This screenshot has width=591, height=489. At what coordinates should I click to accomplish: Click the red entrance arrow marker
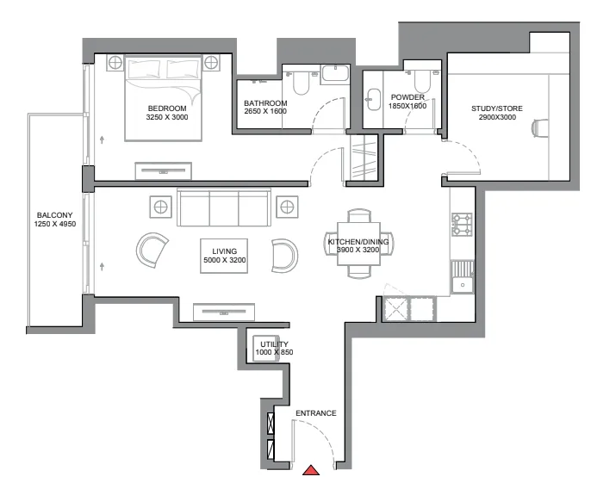(x=311, y=470)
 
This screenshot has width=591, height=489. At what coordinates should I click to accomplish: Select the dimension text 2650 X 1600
(x=265, y=113)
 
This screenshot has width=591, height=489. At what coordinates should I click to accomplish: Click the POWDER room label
(x=407, y=97)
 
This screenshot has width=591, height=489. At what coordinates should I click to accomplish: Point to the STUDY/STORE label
(x=496, y=108)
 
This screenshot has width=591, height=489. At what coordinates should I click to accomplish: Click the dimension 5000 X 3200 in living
(x=223, y=260)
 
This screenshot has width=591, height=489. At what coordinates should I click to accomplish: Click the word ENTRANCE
(x=315, y=413)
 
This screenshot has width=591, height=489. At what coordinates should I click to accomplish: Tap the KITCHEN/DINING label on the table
(x=358, y=242)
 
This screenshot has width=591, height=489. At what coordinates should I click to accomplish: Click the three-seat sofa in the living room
(x=223, y=208)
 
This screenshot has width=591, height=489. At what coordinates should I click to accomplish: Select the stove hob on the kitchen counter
(x=461, y=225)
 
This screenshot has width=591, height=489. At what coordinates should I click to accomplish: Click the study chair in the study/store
(x=539, y=128)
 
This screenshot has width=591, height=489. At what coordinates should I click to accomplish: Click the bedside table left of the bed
(x=115, y=63)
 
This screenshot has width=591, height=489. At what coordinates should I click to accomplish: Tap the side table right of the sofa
(x=287, y=206)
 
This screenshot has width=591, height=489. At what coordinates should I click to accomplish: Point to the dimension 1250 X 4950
(x=56, y=226)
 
